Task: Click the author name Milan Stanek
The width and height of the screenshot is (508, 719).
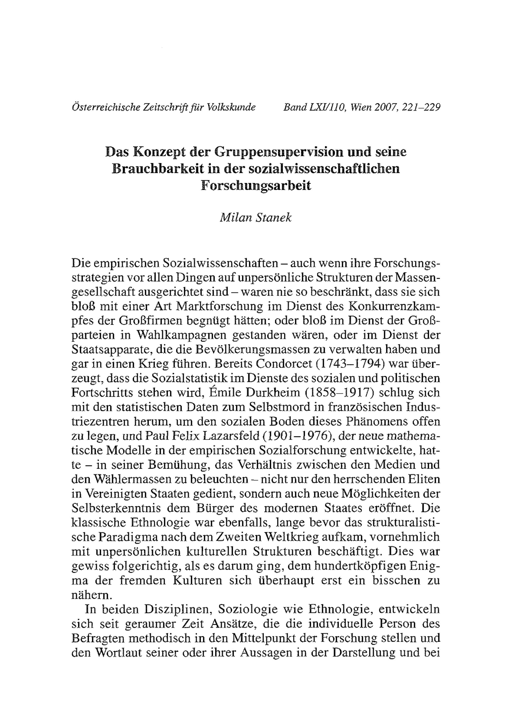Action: click(x=255, y=218)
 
